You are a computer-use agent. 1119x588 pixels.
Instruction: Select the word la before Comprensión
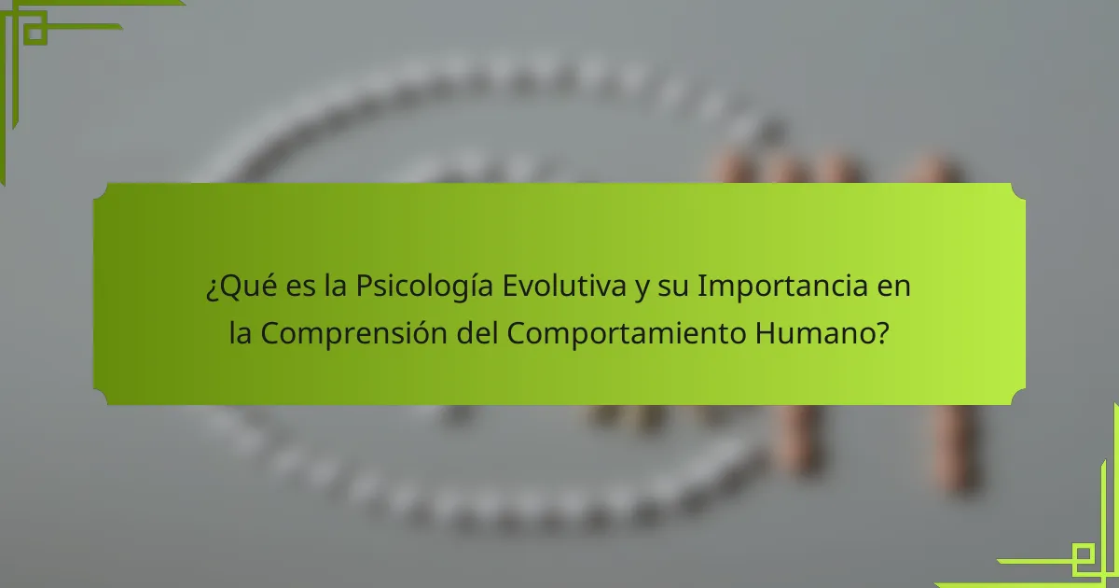click(x=241, y=333)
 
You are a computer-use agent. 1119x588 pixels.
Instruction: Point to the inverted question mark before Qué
click(x=212, y=288)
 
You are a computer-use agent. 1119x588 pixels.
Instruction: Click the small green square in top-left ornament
click(x=35, y=32)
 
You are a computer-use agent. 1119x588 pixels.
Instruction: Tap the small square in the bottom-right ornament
click(x=1084, y=557)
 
